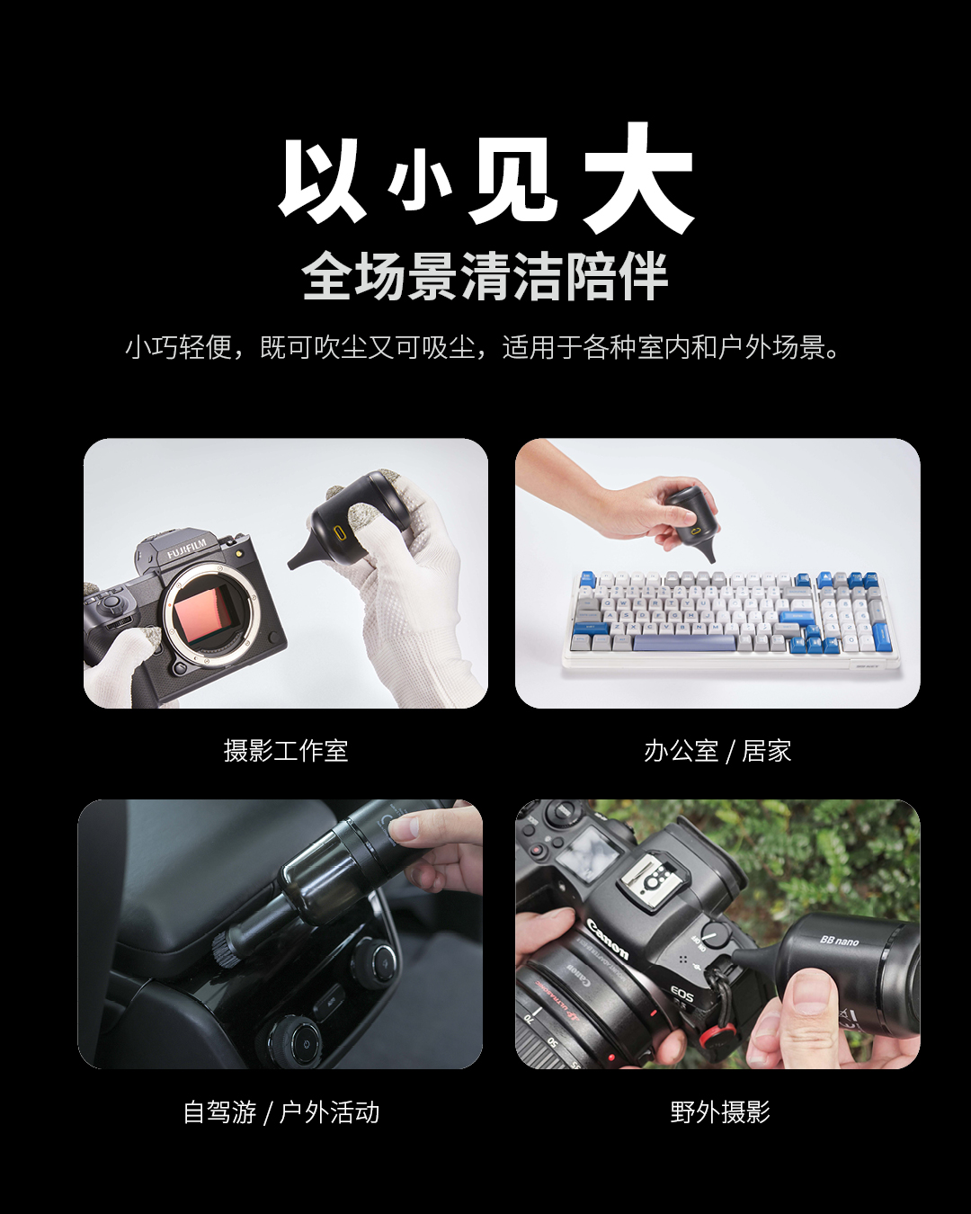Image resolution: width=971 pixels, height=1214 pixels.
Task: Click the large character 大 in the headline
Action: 637,178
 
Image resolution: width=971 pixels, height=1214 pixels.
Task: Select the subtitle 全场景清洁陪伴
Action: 485,276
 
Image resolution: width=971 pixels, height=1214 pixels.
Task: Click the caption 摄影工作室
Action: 286,751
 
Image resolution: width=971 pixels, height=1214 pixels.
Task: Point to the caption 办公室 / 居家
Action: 717,751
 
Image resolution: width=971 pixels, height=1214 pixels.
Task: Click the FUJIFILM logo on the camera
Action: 186,549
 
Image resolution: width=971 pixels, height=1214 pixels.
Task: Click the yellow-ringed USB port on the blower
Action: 341,532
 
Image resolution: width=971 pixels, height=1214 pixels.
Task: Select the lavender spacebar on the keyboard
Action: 685,643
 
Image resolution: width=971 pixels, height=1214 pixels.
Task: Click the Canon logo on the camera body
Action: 607,939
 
